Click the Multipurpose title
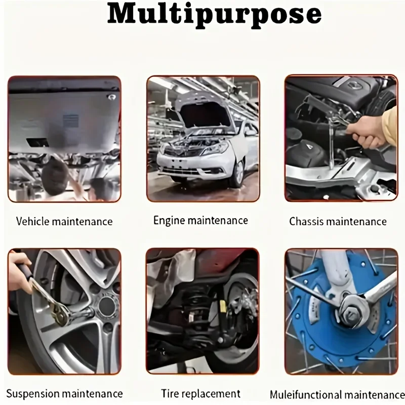[214, 15]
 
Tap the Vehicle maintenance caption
[64, 221]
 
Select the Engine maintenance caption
[200, 221]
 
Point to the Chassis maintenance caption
[338, 222]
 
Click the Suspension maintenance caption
[64, 394]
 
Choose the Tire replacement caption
[201, 394]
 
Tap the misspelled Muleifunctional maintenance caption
[337, 395]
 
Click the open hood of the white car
[204, 113]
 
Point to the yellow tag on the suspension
[223, 306]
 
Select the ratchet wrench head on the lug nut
[61, 315]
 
